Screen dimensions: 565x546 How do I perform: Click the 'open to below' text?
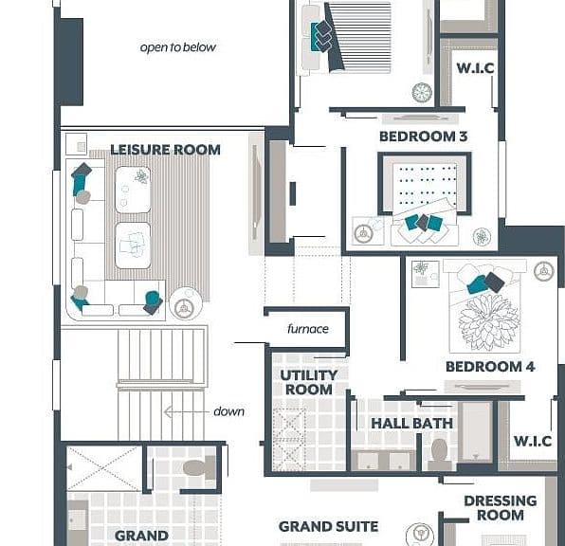178,47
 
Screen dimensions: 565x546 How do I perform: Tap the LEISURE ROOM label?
165,150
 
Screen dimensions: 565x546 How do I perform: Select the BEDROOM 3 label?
424,136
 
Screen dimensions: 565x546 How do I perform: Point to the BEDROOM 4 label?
490,367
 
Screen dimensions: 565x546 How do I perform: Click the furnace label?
308,329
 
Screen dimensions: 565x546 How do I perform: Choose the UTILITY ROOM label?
309,382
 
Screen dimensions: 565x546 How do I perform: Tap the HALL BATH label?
412,423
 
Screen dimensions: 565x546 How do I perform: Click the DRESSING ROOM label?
501,508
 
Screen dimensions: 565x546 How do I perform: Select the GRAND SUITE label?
329,526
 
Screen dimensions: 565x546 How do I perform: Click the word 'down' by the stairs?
228,411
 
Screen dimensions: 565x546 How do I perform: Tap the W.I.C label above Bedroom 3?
475,68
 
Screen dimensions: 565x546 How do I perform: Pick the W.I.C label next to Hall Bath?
533,441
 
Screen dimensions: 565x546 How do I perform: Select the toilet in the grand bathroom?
199,467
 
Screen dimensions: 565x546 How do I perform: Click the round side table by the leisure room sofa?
186,303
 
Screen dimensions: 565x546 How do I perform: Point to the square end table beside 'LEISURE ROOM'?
77,144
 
